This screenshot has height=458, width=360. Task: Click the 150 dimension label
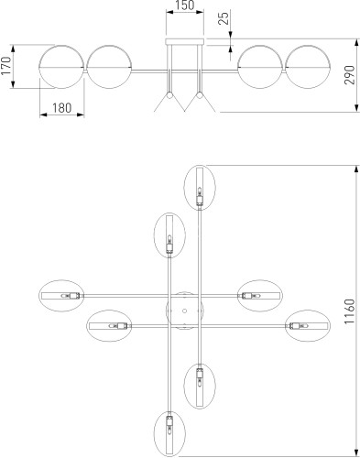pos(185,5)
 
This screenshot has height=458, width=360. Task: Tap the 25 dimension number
pos(224,18)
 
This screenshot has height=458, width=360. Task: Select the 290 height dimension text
pos(350,75)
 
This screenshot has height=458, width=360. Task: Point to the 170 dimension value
pos(6,66)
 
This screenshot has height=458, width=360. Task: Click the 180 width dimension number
pos(61,108)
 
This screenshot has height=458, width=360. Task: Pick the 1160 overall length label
pos(349,311)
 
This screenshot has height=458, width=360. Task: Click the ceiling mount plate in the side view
pos(185,42)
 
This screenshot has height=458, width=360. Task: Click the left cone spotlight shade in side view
pos(169,103)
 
